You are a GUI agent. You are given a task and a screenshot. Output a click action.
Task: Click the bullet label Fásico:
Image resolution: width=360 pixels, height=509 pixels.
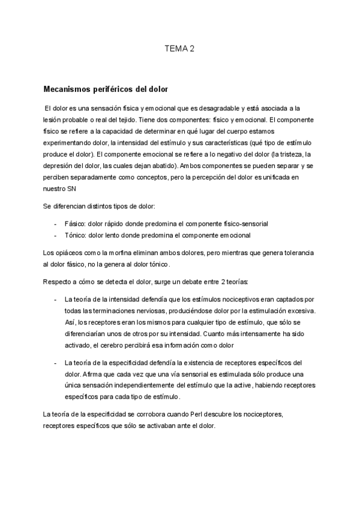coord(75,223)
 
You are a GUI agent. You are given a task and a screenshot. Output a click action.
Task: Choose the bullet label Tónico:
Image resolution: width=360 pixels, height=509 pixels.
coord(76,235)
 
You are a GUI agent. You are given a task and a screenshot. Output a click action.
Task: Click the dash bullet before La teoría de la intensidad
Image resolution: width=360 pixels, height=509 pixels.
coord(56,300)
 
